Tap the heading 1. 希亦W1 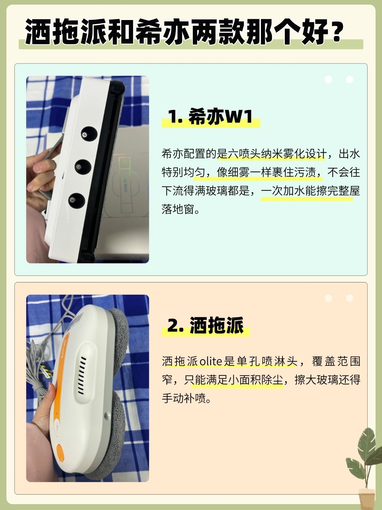point(210,116)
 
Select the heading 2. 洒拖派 point(205,325)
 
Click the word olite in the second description point(211,362)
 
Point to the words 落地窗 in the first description point(177,210)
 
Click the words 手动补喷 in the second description point(184,399)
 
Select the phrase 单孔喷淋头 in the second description point(267,362)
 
